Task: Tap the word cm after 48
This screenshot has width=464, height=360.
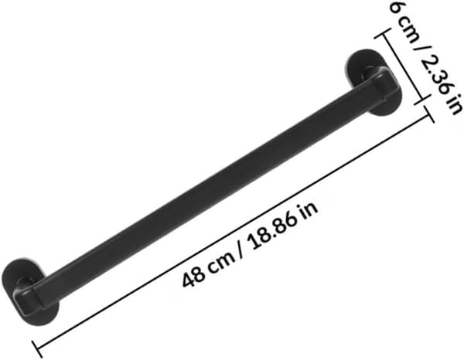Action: tap(220, 260)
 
